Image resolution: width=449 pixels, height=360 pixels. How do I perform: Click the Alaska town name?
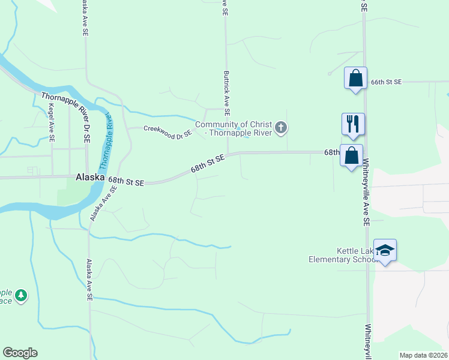coord(91,178)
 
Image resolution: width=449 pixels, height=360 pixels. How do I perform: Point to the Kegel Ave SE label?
coord(52,123)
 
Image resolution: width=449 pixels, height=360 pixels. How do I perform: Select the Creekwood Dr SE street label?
coord(167,130)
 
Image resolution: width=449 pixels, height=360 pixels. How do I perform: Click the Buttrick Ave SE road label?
coord(227,94)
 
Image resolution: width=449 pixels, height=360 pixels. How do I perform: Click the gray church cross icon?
coord(281,127)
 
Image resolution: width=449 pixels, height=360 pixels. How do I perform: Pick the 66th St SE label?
coord(385,82)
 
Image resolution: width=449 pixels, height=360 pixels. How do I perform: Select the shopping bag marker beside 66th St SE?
coord(355,78)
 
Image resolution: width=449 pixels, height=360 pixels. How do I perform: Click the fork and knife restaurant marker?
coord(353,124)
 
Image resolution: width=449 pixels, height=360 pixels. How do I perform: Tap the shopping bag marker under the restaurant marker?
coord(352,155)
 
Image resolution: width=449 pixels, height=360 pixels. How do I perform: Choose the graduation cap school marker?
coord(385,251)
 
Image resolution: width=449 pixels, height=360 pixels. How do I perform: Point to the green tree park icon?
coord(22,295)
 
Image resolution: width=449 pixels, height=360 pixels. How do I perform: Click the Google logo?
coord(20,353)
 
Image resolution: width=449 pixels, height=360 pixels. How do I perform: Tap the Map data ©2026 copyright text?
coord(423,355)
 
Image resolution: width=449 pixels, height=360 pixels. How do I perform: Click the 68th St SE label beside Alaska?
coord(126,181)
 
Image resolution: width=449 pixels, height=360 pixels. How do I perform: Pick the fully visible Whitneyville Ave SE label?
coord(366,198)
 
